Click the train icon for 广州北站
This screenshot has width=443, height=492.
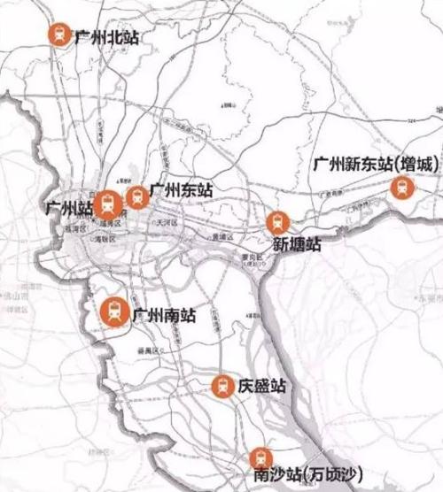[x=59, y=35]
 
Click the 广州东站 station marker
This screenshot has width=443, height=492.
[x=136, y=196]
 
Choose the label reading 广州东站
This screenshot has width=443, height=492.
[x=182, y=189]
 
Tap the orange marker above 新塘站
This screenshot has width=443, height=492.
[x=278, y=222]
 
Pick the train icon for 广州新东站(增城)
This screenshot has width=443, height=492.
[x=403, y=187]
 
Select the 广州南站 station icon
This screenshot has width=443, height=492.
[x=114, y=311]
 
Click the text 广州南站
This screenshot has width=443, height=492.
[x=163, y=314]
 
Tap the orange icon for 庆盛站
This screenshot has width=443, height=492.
[x=222, y=386]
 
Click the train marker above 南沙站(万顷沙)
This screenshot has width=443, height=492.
[x=260, y=457]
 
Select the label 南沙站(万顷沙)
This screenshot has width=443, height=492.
[x=307, y=478]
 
